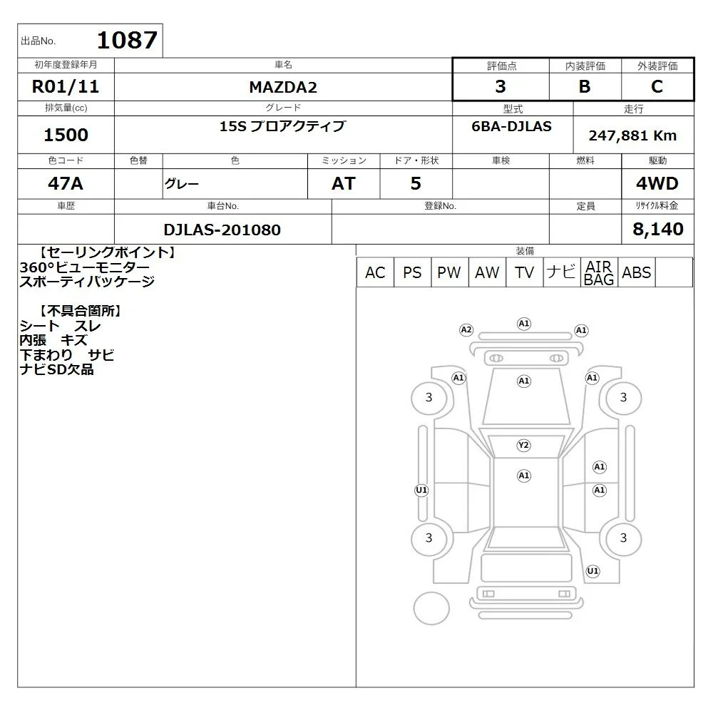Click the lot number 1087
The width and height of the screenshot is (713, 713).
(x=128, y=40)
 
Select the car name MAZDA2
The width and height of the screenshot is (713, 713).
(x=283, y=87)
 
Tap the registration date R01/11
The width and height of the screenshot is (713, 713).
(x=66, y=86)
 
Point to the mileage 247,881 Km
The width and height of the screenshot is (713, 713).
(x=632, y=135)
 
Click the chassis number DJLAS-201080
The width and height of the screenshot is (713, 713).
(x=222, y=230)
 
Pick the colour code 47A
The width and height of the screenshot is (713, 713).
(x=66, y=183)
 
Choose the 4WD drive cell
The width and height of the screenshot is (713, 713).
(x=657, y=183)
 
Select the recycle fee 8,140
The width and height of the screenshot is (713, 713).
(x=658, y=229)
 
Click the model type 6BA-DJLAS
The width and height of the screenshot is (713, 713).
(x=511, y=126)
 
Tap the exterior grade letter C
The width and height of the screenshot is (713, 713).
(x=657, y=86)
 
